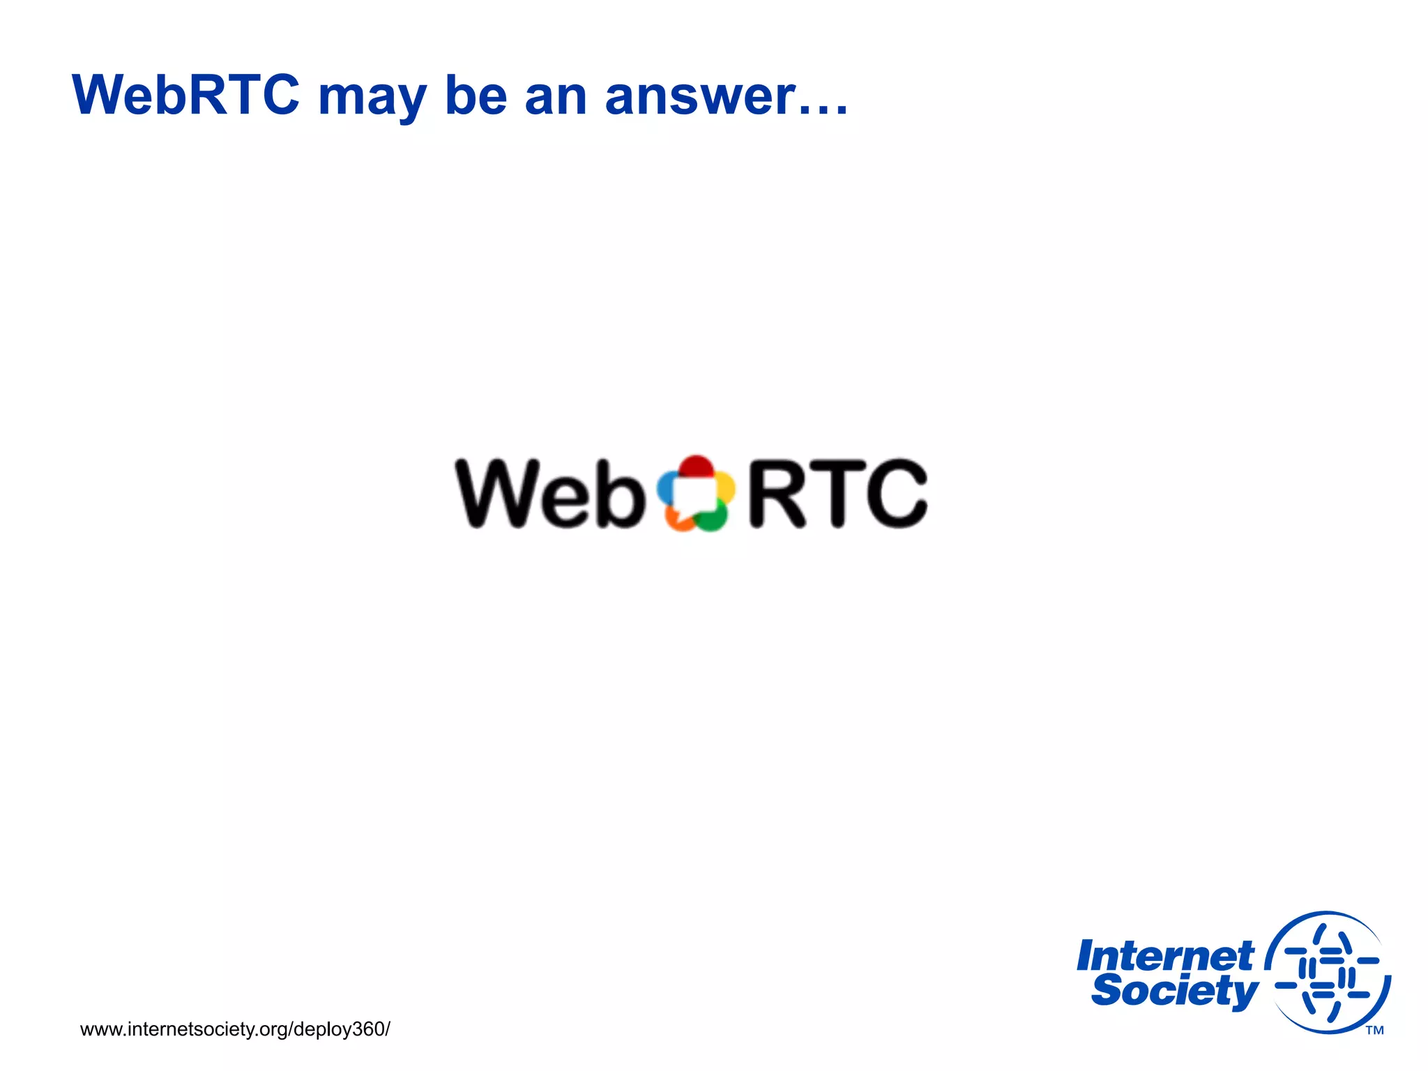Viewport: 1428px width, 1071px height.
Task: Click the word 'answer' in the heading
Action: click(699, 98)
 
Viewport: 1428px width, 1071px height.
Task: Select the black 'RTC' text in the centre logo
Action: click(837, 494)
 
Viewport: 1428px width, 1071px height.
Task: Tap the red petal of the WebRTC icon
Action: click(696, 466)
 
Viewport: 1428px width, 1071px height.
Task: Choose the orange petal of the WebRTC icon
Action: click(678, 520)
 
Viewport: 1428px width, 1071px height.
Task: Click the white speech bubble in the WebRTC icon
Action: click(694, 495)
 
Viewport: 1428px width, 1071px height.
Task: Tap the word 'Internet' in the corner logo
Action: click(1164, 956)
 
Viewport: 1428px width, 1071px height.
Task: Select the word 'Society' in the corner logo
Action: click(1174, 991)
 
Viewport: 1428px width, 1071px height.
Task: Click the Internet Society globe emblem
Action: click(1328, 973)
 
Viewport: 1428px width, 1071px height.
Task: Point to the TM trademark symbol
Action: click(1374, 1031)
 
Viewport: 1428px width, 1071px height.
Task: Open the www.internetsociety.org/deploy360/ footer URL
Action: click(235, 1029)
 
